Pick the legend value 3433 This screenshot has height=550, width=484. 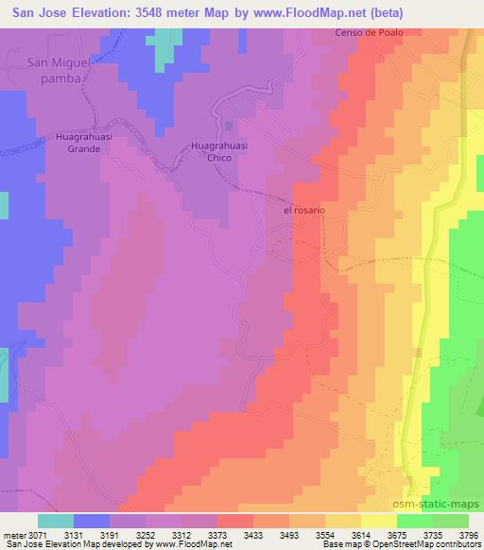(251, 534)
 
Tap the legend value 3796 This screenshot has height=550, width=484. (467, 534)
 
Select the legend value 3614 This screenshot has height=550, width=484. (359, 534)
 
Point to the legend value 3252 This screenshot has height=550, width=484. (144, 534)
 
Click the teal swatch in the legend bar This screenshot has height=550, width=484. (56, 521)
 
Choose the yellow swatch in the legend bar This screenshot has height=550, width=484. (379, 521)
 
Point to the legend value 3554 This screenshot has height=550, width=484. (323, 534)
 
